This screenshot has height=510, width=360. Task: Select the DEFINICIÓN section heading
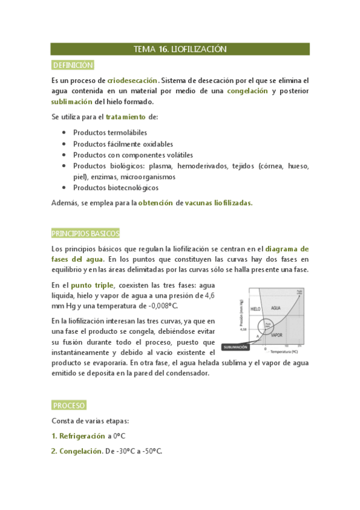[x=73, y=66]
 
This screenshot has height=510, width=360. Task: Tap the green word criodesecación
[x=133, y=81]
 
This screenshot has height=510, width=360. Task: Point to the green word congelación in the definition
[x=248, y=91]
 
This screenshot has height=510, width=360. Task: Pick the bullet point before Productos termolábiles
[x=64, y=132]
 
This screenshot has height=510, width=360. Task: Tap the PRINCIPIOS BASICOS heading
[x=86, y=233]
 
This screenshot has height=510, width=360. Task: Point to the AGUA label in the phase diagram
[x=276, y=308]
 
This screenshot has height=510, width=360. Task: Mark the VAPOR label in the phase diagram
[x=277, y=334]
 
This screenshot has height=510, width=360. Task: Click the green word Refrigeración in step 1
[x=84, y=436]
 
